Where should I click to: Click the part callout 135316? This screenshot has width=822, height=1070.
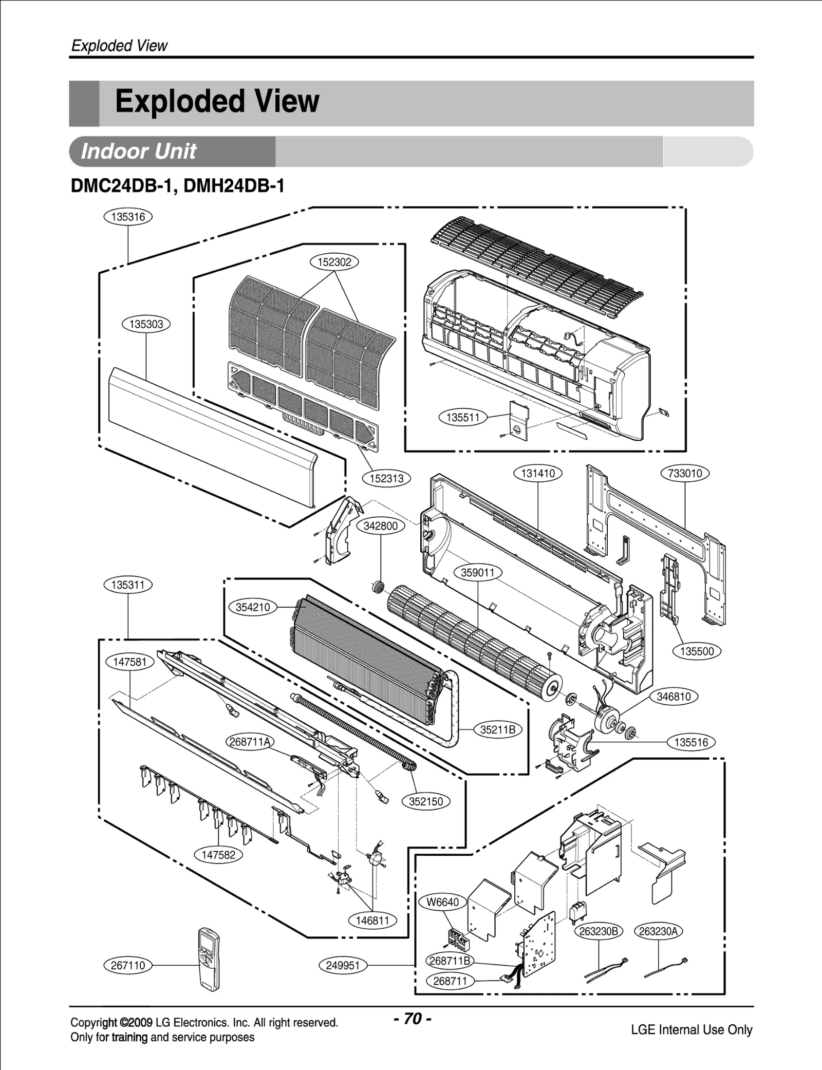click(x=128, y=217)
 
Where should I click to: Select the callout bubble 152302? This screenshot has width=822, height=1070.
click(x=334, y=262)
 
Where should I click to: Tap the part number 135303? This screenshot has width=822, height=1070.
click(x=146, y=324)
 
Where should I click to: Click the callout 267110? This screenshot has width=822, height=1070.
click(x=128, y=965)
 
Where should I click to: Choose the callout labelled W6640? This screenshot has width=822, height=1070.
click(x=443, y=902)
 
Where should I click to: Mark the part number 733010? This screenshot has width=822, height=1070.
click(x=685, y=473)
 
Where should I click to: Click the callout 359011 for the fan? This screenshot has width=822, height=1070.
click(x=478, y=572)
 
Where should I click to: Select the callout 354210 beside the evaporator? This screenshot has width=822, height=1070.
click(x=253, y=607)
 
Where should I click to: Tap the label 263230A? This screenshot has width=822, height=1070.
click(x=659, y=931)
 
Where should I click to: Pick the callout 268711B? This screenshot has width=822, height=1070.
click(x=450, y=960)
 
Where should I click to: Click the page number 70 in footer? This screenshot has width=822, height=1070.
click(x=412, y=1018)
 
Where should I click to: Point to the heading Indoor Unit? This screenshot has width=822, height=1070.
click(x=139, y=152)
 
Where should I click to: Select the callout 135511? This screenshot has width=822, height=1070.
click(x=462, y=417)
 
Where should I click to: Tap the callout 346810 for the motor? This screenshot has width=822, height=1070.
click(x=674, y=697)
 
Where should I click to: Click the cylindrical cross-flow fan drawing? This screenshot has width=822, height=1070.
click(x=473, y=642)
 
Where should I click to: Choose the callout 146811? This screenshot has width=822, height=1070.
click(x=372, y=921)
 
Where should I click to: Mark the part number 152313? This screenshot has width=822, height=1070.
click(x=387, y=478)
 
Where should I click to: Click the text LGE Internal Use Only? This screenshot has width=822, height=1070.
click(x=692, y=1029)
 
